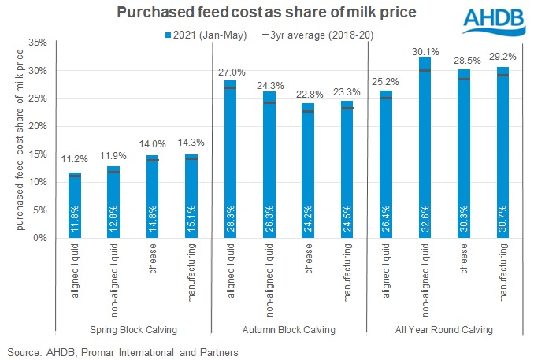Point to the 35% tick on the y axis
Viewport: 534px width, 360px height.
[x=33, y=43]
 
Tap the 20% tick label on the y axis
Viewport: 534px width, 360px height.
[x=33, y=126]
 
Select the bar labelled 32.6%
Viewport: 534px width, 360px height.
[x=425, y=158]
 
